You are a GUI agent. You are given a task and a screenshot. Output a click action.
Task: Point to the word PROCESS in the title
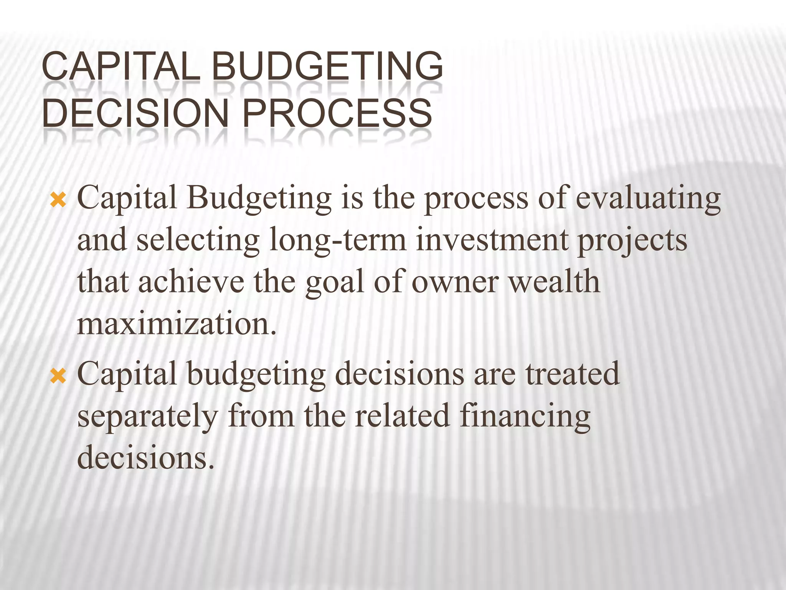point(337,113)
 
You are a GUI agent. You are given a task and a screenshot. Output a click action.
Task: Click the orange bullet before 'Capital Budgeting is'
point(58,201)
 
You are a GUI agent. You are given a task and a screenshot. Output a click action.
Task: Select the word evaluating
point(648,199)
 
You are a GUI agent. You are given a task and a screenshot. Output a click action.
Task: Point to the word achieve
point(191,282)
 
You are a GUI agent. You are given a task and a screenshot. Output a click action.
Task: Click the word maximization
point(176,325)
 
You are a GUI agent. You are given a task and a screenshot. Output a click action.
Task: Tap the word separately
point(148,418)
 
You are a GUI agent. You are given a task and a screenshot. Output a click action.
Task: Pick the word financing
point(525,418)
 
